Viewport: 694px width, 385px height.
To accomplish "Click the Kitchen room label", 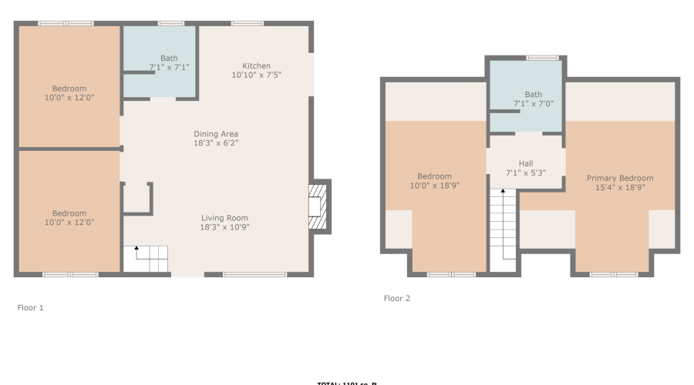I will pos(256,65).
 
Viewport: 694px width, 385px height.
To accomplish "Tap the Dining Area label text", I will pos(216,134).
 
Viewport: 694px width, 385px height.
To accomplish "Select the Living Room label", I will pos(225,217).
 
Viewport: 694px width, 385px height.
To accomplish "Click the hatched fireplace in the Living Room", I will pos(318,206).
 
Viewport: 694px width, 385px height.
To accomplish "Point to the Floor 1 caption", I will pos(31,308).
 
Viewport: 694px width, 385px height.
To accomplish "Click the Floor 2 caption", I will pos(397,298).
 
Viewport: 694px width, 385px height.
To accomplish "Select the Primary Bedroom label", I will pos(619,178).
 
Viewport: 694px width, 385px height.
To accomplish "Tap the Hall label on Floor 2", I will pos(525,163).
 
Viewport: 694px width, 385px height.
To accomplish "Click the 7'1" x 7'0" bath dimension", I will pos(534,103).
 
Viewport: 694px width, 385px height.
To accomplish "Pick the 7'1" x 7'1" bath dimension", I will pos(169,67).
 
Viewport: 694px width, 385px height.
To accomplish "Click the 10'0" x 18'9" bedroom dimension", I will pos(434,186).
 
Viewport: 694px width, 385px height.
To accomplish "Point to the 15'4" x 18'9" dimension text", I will pos(619,187).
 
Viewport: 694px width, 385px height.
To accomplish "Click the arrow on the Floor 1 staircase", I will pos(136,249).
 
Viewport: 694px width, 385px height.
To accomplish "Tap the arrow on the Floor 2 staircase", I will pos(503,192).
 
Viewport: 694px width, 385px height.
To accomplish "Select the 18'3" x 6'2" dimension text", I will pos(216,143).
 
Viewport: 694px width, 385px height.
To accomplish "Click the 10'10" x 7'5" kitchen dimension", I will pos(256,75).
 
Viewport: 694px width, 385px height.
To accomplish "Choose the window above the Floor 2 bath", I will pos(543,58).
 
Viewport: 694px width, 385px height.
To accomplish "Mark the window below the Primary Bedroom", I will pos(614,274).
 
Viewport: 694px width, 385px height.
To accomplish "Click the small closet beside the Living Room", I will pos(136,198).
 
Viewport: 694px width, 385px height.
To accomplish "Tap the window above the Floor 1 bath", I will pos(171,23).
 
